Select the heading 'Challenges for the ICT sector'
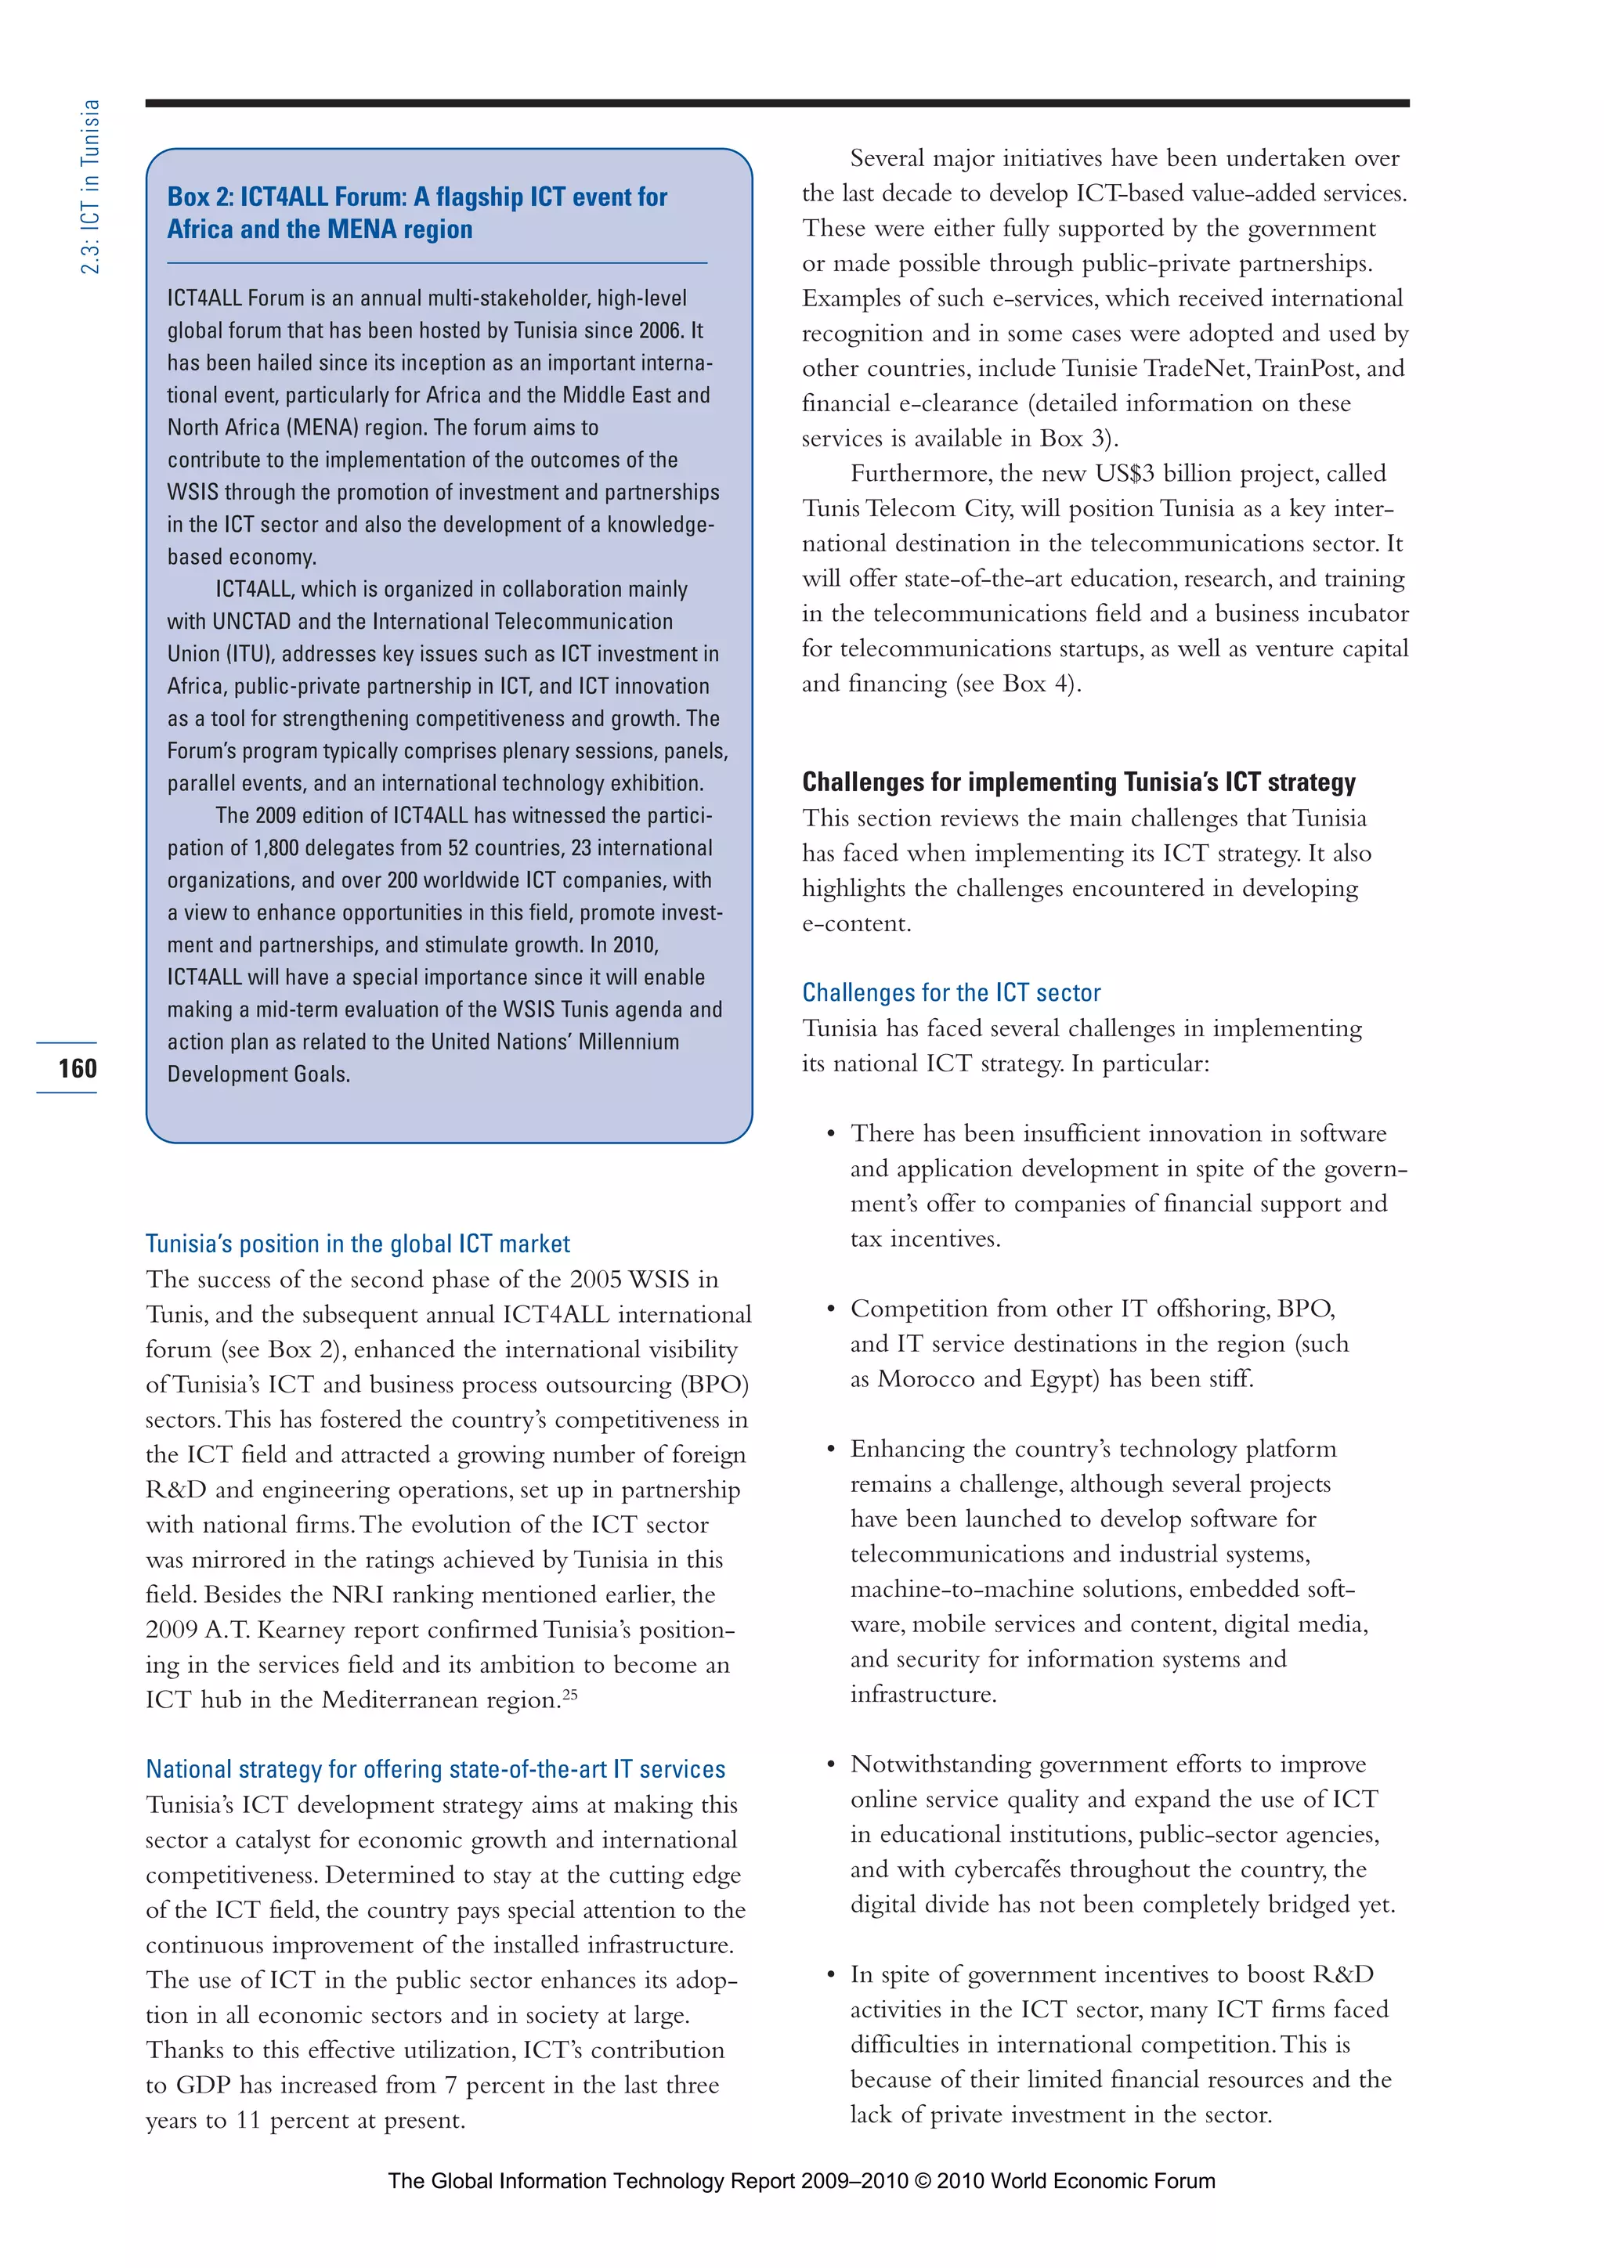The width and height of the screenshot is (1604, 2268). pyautogui.click(x=950, y=993)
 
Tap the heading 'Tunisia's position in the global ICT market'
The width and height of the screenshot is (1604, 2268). pyautogui.click(x=358, y=1244)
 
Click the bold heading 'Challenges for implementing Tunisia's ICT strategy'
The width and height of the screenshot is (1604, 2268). pyautogui.click(x=1078, y=782)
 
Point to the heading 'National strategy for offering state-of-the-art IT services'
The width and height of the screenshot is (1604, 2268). pyautogui.click(x=435, y=1769)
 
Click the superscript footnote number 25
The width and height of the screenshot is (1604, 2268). pyautogui.click(x=570, y=1695)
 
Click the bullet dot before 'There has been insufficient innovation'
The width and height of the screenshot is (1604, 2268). pyautogui.click(x=831, y=1134)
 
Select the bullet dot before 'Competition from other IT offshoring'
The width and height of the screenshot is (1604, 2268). pyautogui.click(x=831, y=1309)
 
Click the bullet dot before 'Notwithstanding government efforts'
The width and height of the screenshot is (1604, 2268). pyautogui.click(x=831, y=1764)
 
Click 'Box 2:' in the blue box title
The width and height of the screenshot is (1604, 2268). pyautogui.click(x=200, y=197)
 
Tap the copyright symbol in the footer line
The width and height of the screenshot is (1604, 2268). pyautogui.click(x=923, y=2181)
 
